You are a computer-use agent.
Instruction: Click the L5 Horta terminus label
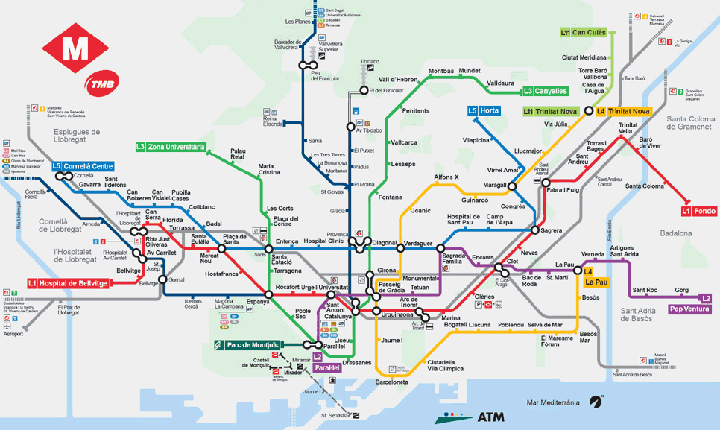click(484, 111)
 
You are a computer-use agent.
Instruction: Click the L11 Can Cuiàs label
click(584, 33)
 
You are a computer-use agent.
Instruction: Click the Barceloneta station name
click(391, 382)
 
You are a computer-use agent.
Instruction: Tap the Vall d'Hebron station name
click(398, 79)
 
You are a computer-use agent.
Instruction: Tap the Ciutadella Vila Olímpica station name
click(446, 365)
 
